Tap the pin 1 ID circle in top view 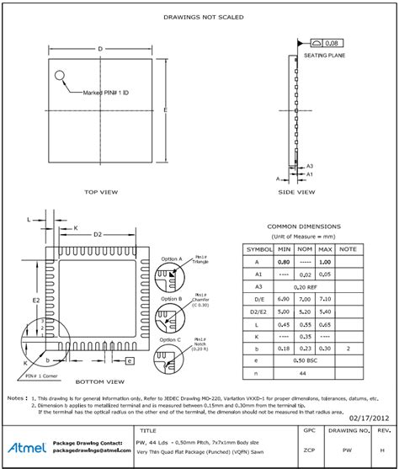(x=61, y=77)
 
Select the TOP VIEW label (x=101, y=192)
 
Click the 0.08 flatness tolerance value (x=334, y=42)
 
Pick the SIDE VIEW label (x=296, y=192)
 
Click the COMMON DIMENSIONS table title (x=304, y=227)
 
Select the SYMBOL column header (x=259, y=249)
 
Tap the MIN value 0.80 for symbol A (x=284, y=262)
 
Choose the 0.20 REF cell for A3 (x=305, y=287)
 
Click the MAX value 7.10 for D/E (x=326, y=299)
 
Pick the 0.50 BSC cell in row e (x=305, y=360)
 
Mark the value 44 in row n (x=305, y=372)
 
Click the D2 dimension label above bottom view (x=98, y=233)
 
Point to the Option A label (x=172, y=259)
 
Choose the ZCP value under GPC (x=308, y=450)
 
